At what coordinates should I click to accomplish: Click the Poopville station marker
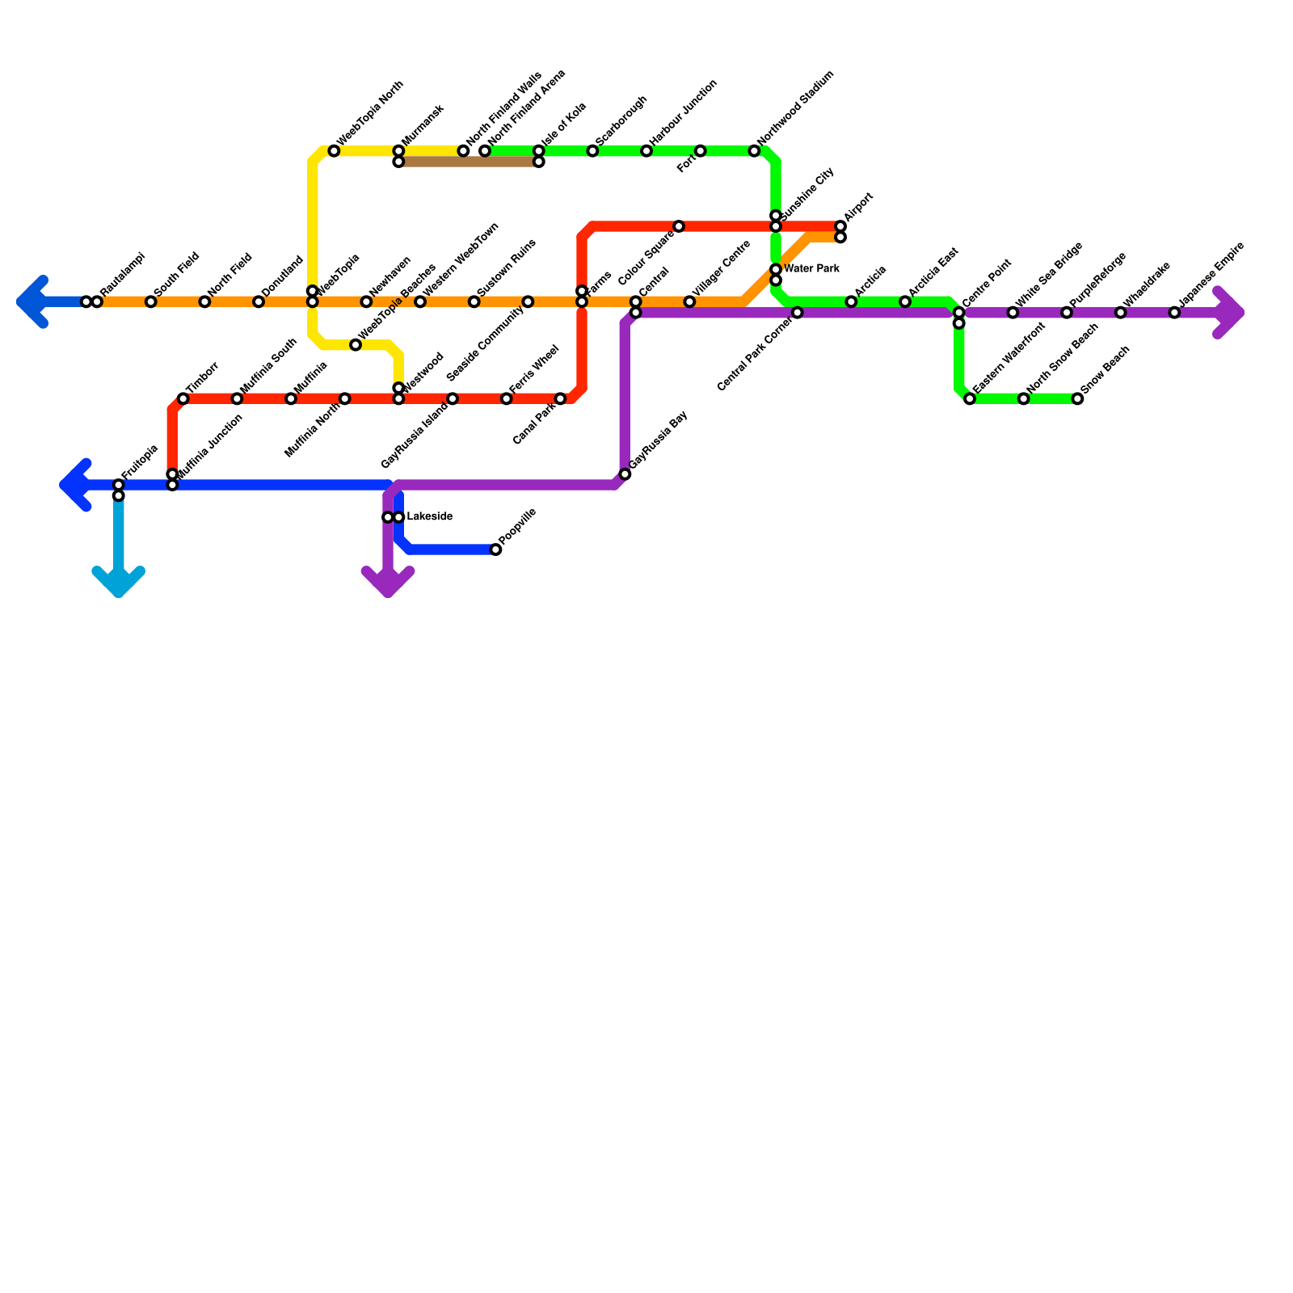495,550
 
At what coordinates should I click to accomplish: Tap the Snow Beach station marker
1077,399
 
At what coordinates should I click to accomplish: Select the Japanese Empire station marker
1174,313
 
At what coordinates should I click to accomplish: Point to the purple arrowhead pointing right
1231,313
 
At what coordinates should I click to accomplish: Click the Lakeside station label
429,516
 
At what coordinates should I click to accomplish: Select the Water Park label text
811,268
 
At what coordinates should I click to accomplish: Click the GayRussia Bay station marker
625,474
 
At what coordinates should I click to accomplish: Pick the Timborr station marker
183,399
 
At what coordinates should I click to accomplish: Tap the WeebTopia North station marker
334,151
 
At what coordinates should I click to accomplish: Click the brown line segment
469,162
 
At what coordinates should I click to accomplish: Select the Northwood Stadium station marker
754,151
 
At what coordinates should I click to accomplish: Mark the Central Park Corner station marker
797,313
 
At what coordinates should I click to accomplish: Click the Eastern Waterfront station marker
970,399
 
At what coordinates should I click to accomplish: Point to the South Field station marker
150,302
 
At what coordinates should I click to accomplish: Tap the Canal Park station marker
560,399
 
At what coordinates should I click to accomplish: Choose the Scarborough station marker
592,151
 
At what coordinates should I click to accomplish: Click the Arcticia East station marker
905,302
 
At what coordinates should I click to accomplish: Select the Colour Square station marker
679,226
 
